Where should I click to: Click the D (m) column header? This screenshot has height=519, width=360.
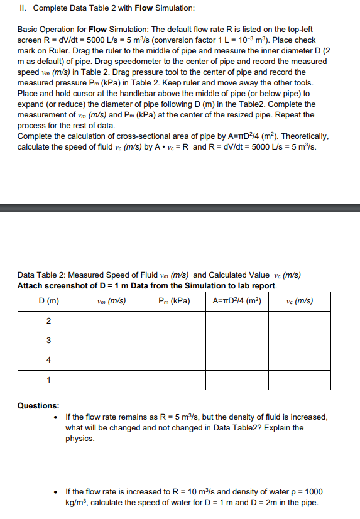point(48,301)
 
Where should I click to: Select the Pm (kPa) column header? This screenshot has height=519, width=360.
point(174,301)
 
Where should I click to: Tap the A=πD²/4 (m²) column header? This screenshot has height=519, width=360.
point(237,301)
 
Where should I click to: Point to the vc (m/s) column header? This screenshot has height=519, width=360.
point(299,301)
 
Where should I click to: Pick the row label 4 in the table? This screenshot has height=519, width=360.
point(48,360)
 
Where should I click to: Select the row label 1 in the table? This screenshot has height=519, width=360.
point(48,380)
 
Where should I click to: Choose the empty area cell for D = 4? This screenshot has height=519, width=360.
point(237,360)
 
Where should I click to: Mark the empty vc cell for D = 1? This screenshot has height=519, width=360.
point(299,380)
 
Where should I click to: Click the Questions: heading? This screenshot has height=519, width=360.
point(38,406)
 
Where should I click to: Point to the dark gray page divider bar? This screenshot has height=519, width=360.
point(180,208)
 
